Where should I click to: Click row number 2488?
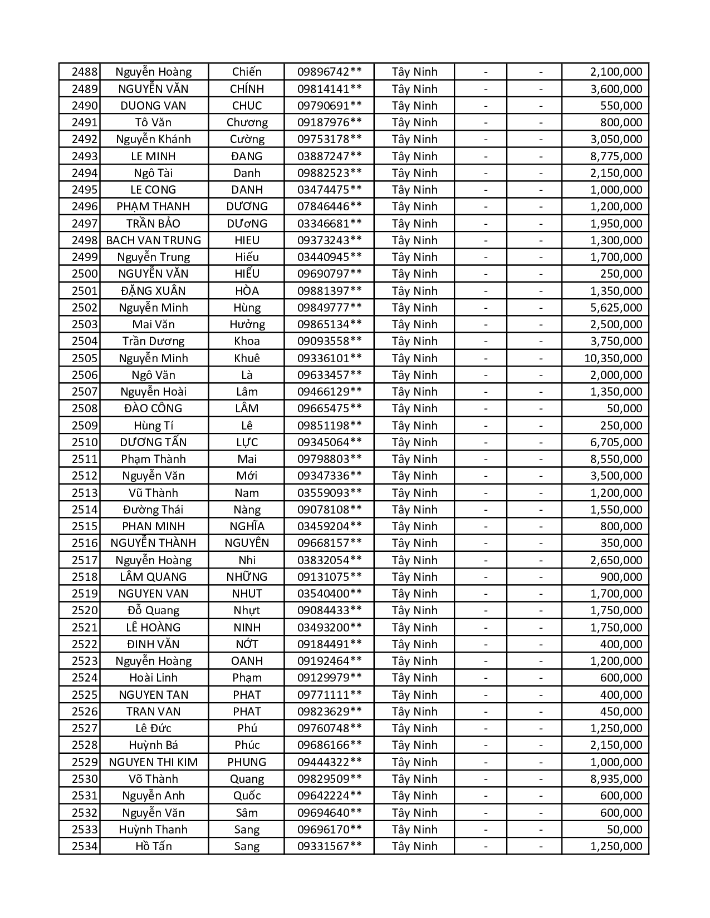coord(85,72)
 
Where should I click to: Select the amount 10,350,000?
coord(613,358)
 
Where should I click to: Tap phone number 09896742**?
coord(329,72)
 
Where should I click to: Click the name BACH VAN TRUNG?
coord(153,240)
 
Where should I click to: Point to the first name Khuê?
coord(247,358)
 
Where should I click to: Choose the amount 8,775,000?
coord(616,156)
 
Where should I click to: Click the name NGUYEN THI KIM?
coord(153,762)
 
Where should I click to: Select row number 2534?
coord(85,846)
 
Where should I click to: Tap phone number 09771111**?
coord(329,695)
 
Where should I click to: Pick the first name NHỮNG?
coord(247,577)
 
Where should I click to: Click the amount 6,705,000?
coord(616,442)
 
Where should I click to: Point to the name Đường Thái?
coord(153,510)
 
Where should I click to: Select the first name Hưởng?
coord(247,324)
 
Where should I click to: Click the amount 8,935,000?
coord(616,779)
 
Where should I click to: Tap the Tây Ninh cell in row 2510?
coord(414,442)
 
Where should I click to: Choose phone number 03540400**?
coord(329,594)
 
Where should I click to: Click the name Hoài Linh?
coord(153,678)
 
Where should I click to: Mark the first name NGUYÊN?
coord(247,543)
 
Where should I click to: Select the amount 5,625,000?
coord(616,308)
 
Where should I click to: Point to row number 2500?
coord(85,274)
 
